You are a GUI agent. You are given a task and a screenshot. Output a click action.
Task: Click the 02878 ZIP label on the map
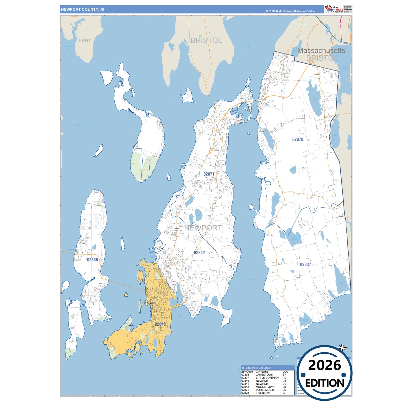coord(297,139)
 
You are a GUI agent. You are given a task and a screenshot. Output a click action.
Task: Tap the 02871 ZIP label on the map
coord(209,174)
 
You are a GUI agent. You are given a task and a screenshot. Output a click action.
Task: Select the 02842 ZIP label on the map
coord(199,253)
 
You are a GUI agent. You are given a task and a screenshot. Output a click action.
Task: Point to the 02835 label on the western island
coord(92,260)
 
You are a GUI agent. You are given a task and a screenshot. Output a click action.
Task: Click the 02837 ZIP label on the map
coord(305,264)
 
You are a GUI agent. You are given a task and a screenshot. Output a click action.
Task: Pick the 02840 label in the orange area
coord(160,324)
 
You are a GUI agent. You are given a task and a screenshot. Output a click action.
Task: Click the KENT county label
coord(85,41)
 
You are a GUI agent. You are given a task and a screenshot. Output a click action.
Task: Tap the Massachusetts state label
coord(321,51)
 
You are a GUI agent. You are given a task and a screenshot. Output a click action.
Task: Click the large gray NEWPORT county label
coord(203,228)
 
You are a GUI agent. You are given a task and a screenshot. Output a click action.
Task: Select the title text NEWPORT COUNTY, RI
coord(82,9)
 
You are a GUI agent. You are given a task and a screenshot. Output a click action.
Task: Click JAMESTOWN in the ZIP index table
coord(264,375)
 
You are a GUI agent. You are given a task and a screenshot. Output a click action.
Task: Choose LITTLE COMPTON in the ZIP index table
coord(268,378)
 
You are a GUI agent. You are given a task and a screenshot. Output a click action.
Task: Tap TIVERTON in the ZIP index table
coord(263,393)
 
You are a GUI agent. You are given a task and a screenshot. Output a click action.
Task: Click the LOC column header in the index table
coord(285,372)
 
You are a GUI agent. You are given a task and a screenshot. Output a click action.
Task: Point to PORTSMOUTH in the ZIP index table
coord(265,390)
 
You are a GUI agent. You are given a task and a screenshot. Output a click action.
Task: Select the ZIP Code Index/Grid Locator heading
coord(256,368)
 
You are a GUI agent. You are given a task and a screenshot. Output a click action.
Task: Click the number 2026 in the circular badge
coord(324,365)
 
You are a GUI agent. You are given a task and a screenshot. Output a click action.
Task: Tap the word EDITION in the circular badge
coord(325,383)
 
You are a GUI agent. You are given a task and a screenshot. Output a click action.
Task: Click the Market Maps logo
coord(334,9)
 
